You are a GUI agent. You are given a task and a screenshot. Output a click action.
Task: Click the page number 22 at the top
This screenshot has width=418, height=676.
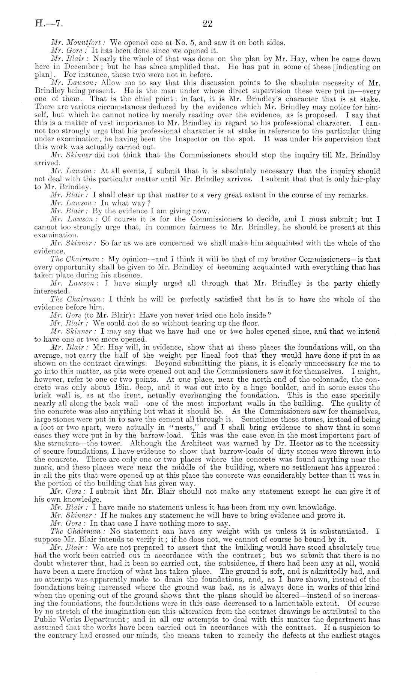pyautogui.click(x=207, y=24)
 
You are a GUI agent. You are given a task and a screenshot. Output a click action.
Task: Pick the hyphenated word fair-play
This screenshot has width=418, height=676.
pyautogui.click(x=366, y=179)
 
